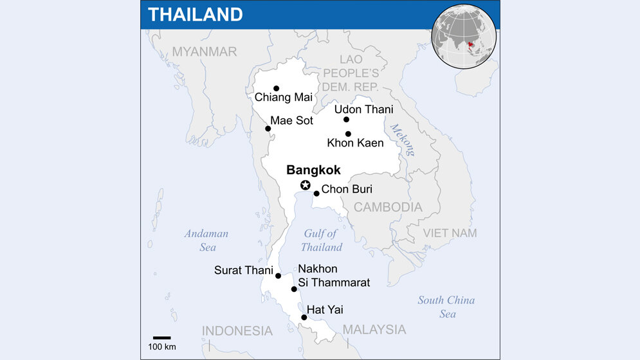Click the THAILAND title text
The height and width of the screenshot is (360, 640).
point(195,14)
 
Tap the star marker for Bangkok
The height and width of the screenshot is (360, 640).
point(306,186)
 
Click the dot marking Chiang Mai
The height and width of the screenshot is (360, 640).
point(277,89)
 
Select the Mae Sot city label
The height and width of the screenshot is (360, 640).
point(291,120)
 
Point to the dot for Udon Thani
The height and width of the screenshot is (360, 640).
point(346,120)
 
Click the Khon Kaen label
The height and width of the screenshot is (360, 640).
point(355,143)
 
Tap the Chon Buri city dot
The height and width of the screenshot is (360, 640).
point(316,194)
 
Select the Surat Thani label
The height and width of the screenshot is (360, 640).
point(243,270)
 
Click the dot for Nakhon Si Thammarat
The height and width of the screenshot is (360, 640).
point(294,289)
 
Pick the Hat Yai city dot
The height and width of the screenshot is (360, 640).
point(304,318)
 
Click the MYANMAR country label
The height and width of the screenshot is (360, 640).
point(205,51)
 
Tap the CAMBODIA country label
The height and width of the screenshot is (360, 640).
point(388,207)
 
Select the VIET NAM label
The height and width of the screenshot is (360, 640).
point(450,233)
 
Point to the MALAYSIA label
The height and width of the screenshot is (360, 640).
point(374,329)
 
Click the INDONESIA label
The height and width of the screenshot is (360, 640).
point(237,330)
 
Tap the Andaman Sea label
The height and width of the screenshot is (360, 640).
point(206,240)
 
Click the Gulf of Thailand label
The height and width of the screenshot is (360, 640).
point(321,240)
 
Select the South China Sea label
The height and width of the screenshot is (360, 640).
point(446,307)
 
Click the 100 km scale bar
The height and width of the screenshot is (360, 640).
point(161,337)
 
